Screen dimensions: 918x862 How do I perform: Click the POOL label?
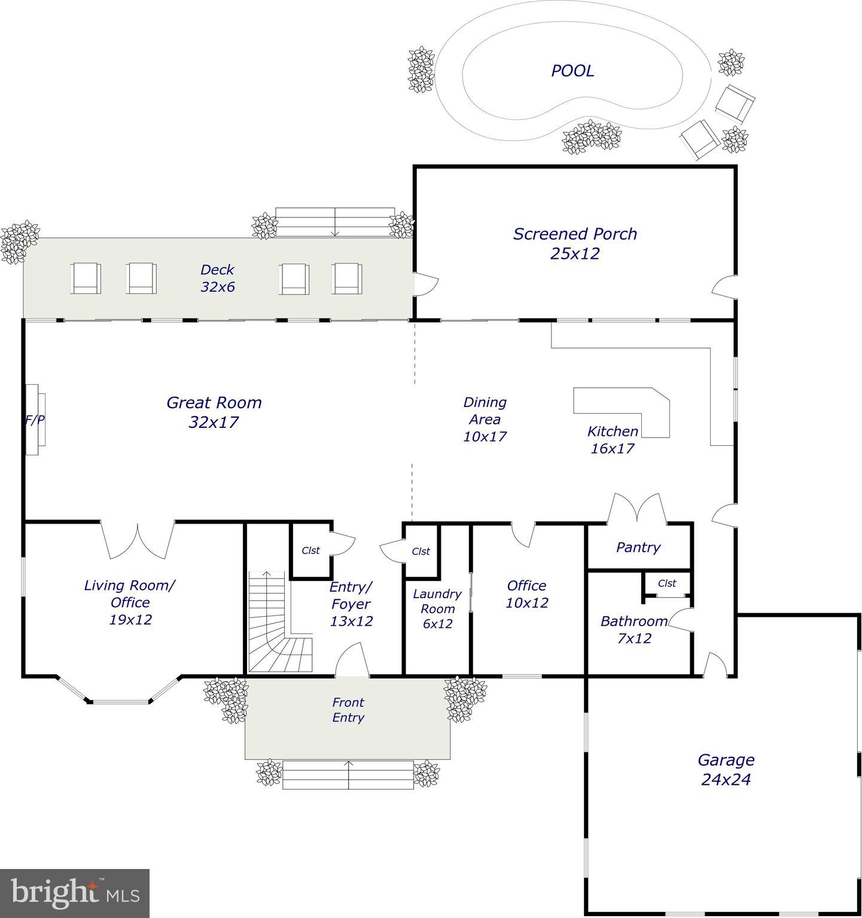point(572,71)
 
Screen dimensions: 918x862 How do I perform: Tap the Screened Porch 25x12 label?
point(575,243)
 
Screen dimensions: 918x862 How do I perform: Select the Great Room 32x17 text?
point(214,412)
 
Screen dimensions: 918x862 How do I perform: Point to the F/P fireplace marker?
point(34,420)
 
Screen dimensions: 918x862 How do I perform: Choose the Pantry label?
point(638,547)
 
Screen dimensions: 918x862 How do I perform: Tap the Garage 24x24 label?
point(726,769)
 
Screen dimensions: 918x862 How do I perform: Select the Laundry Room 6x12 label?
point(437,608)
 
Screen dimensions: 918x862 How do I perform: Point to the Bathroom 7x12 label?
point(634,629)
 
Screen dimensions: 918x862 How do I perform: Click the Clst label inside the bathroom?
point(667,583)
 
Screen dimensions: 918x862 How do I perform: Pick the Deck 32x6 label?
point(217,278)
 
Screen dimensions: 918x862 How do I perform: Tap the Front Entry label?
point(348,710)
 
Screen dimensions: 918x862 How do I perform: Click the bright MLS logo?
point(75,893)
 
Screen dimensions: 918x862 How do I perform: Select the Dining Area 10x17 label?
point(485,419)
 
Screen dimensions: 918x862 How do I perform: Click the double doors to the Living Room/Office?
point(138,539)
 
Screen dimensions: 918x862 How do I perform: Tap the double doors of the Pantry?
point(638,510)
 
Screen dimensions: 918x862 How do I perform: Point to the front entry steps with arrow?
point(348,775)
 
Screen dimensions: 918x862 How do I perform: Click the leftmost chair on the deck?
point(86,279)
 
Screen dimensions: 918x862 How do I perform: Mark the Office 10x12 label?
point(526,593)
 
